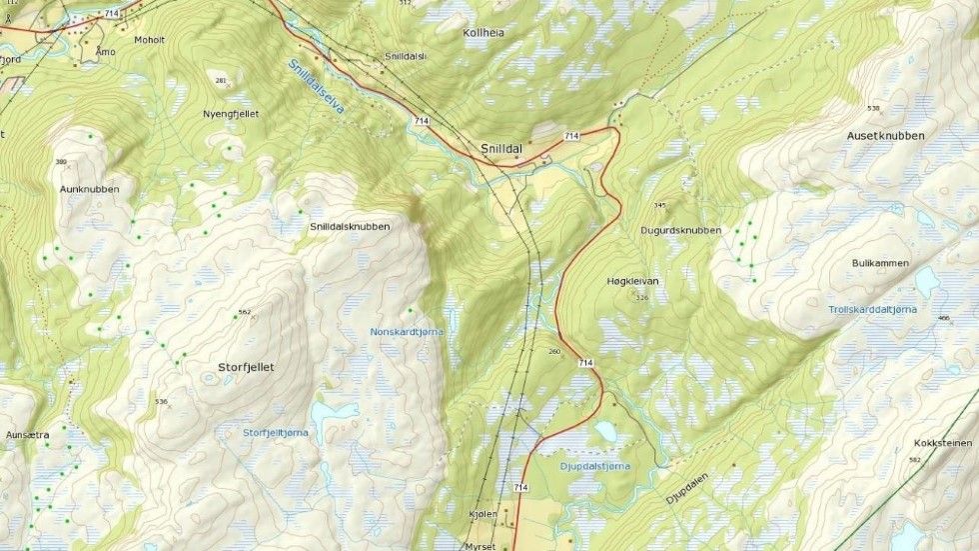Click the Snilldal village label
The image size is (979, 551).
(x=500, y=148)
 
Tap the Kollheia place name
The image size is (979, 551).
(x=485, y=32)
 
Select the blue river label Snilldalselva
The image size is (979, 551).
(x=315, y=87)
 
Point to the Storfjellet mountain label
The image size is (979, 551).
(x=245, y=367)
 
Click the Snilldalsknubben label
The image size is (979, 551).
(x=349, y=227)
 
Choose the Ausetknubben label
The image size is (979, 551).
(x=885, y=135)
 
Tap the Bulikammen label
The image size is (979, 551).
(x=880, y=262)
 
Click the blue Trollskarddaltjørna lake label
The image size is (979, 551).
(x=871, y=310)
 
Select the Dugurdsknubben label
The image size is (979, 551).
(x=679, y=230)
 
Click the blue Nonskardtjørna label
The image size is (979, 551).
(x=407, y=330)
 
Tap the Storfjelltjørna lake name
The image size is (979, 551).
(x=276, y=432)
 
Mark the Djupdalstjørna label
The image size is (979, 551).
(x=594, y=465)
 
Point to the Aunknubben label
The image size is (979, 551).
(x=90, y=189)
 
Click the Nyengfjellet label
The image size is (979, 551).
(x=231, y=114)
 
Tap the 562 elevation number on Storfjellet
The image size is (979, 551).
(x=244, y=312)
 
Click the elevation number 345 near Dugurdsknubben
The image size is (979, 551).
(x=659, y=206)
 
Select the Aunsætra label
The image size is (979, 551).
(x=27, y=435)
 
